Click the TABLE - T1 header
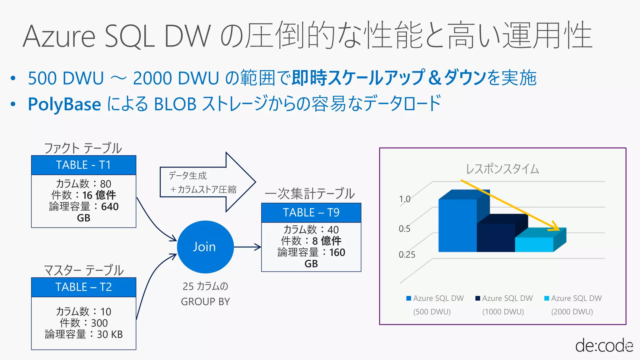coord(83,165)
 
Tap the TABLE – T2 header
coord(83,287)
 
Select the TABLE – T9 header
coord(311,213)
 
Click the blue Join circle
coord(205,247)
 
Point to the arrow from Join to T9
coord(247,247)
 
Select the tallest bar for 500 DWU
coord(457,225)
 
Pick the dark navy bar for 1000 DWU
coord(496,237)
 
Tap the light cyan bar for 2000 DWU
coord(534,244)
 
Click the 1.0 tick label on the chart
coord(405,199)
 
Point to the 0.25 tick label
coord(407,255)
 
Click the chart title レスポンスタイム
coord(502,169)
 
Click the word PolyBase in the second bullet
coord(64,104)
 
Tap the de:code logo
coord(604,346)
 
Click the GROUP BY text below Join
coord(205,302)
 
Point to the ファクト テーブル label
coord(83,148)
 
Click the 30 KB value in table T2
coord(110,334)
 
